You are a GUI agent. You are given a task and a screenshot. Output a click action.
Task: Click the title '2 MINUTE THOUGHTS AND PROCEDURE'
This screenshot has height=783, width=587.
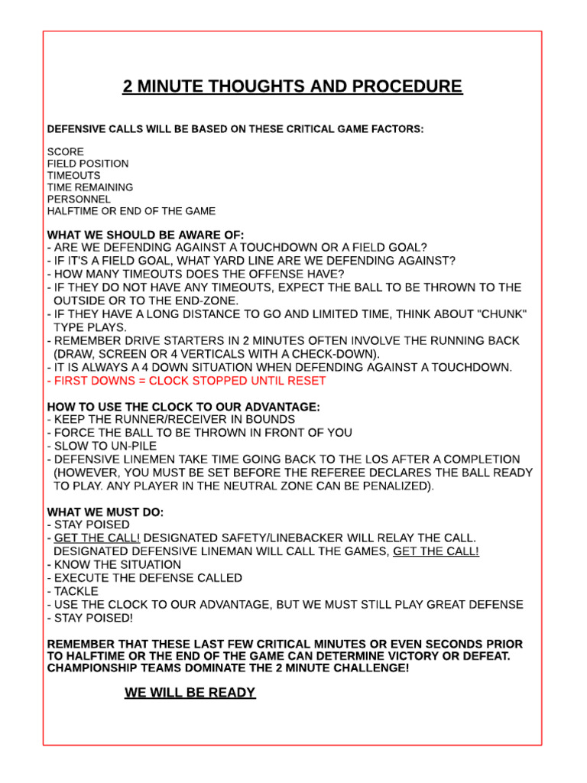293,86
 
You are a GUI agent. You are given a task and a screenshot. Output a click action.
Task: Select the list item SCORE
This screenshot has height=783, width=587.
66,151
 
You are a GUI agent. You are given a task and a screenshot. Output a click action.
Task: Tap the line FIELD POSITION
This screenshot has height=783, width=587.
88,164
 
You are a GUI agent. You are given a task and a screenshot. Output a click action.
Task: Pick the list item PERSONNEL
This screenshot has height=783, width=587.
79,199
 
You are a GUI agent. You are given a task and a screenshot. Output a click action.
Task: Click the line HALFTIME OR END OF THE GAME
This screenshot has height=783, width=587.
131,210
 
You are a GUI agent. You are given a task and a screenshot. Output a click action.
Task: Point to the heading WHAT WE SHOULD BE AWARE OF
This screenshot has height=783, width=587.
145,234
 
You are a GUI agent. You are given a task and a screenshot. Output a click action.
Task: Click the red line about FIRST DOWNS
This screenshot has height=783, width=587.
186,380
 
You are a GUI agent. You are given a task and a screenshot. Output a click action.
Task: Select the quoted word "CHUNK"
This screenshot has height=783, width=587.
501,314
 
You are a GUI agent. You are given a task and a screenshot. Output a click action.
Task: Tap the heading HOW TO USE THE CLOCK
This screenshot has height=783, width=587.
183,407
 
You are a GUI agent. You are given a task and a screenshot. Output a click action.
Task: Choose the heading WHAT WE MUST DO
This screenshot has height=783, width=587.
105,512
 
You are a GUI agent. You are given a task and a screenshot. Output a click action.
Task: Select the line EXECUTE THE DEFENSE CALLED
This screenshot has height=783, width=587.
144,577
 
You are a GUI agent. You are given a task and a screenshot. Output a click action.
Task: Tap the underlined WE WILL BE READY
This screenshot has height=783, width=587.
190,693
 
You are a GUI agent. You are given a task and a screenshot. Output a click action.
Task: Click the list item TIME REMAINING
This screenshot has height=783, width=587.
90,187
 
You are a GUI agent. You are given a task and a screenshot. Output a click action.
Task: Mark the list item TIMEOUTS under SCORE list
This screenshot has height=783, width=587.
73,175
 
